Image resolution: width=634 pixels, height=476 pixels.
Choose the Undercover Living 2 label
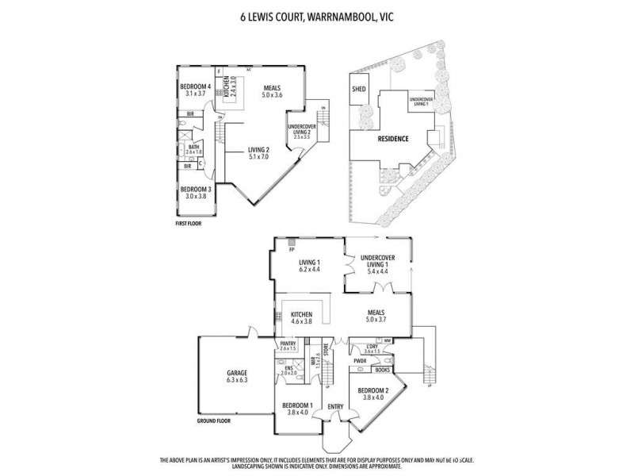coord(303,129)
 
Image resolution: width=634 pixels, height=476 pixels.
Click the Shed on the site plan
coord(358,90)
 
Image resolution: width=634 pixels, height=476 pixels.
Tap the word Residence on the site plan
coord(393,139)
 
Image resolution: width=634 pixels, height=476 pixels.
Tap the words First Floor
coord(189,225)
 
